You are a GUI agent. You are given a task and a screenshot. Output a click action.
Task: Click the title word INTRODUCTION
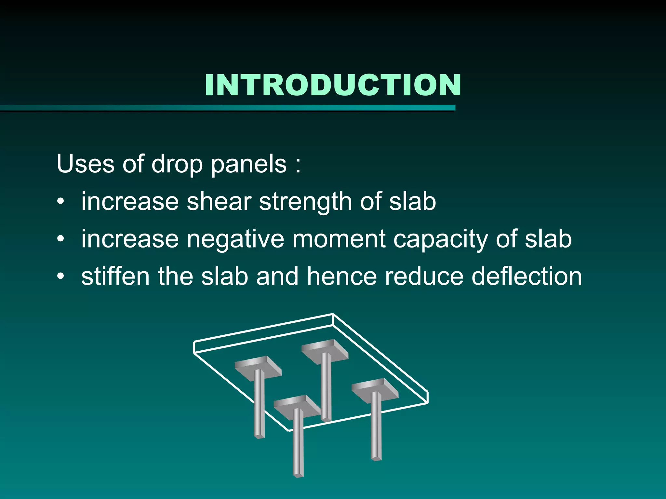click(x=333, y=85)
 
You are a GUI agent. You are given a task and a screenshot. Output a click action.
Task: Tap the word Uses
click(x=85, y=164)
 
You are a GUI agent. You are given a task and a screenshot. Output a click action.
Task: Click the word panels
click(x=249, y=164)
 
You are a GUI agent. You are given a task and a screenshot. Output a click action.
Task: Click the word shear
click(x=219, y=201)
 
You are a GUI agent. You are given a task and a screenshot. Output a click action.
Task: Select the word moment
click(x=338, y=239)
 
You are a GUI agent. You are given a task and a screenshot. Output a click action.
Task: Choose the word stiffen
click(x=115, y=276)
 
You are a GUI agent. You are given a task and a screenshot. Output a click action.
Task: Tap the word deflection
click(x=526, y=276)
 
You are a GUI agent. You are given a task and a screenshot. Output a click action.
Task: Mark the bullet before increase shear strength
click(x=60, y=202)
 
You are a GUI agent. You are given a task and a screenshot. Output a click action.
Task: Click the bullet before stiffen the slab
click(x=60, y=277)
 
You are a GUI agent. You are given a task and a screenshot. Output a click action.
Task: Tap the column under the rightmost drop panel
click(x=376, y=426)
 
